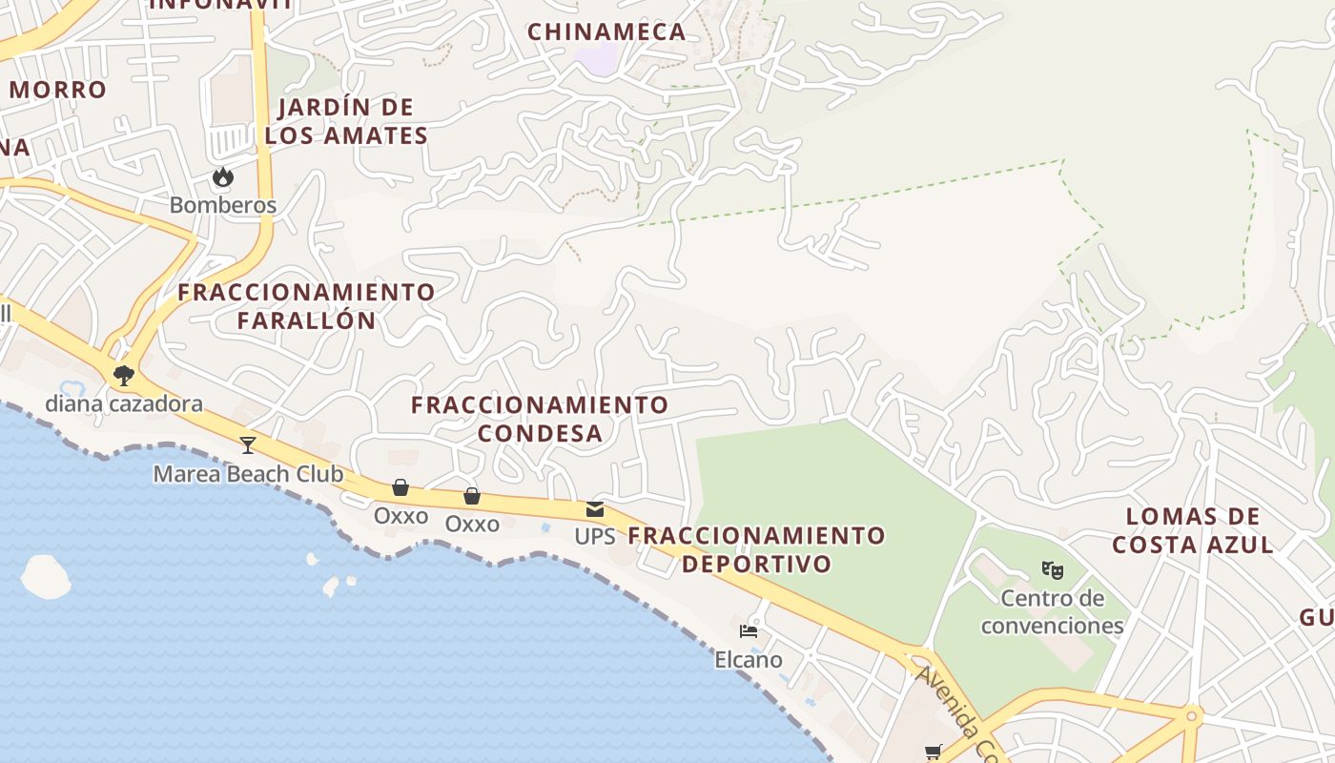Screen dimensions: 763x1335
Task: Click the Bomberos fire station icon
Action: click(x=223, y=177)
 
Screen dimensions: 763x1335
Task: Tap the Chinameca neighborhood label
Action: click(x=606, y=31)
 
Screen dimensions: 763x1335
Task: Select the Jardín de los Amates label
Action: click(x=346, y=121)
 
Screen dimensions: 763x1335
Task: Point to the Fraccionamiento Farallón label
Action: click(x=307, y=305)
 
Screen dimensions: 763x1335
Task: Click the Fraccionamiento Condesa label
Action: click(x=540, y=419)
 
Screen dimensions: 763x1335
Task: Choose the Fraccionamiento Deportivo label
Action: click(x=757, y=548)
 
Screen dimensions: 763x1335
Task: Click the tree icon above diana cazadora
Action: click(x=123, y=375)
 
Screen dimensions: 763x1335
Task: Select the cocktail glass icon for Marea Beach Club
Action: click(x=248, y=444)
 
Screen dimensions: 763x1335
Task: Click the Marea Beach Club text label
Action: click(x=248, y=474)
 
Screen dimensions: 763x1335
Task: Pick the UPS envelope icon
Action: click(x=595, y=509)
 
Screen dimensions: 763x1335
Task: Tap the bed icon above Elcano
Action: click(x=749, y=631)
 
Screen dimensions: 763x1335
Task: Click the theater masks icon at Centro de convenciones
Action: click(x=1052, y=570)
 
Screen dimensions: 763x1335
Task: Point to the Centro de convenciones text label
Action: click(x=1052, y=612)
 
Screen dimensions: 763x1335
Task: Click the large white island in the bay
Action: click(x=46, y=576)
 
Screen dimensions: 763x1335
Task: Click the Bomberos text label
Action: click(x=223, y=205)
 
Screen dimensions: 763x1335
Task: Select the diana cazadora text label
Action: click(x=124, y=403)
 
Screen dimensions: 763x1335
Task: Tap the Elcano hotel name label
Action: click(x=749, y=659)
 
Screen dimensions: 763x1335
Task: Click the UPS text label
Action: click(x=595, y=536)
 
